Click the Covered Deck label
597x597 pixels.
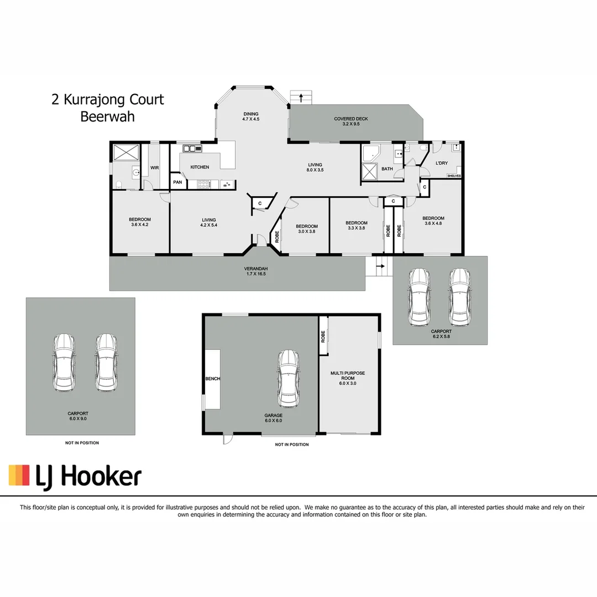(x=350, y=122)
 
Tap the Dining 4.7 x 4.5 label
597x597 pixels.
(x=250, y=117)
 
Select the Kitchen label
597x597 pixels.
(x=200, y=167)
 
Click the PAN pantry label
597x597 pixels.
(x=177, y=182)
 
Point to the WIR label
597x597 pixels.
(x=154, y=167)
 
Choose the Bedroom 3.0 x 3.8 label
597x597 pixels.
(x=306, y=229)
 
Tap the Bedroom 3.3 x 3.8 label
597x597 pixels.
(x=357, y=226)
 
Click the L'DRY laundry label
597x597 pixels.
(x=441, y=163)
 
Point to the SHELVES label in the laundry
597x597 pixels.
(x=454, y=176)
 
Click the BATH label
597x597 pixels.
(x=387, y=169)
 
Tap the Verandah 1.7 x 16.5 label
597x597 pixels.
(x=252, y=271)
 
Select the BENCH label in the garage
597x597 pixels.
(x=213, y=379)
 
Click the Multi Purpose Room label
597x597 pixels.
(x=348, y=378)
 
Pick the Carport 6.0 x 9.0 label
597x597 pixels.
(x=77, y=416)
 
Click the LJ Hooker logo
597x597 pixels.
(x=75, y=476)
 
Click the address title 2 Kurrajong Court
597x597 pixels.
(x=108, y=99)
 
